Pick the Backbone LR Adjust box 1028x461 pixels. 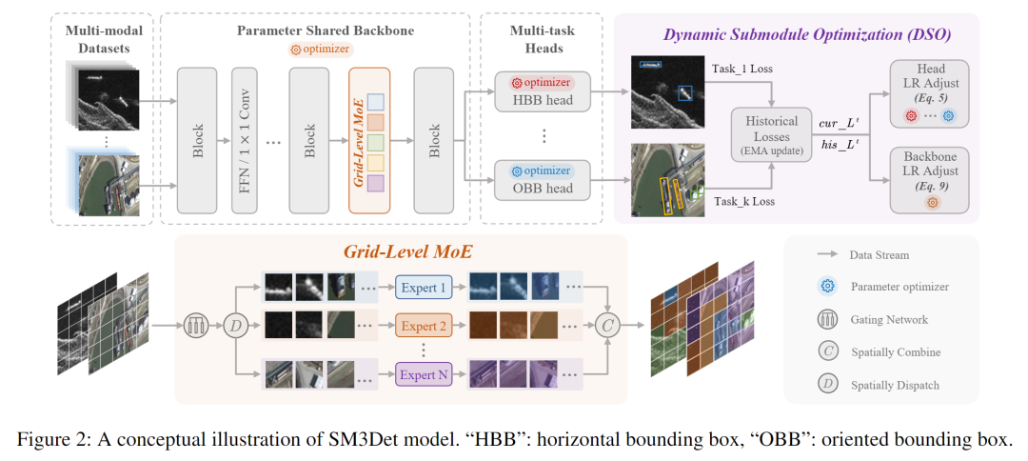(x=930, y=179)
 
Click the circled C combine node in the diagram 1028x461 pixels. (x=606, y=327)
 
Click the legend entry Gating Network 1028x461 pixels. (x=889, y=318)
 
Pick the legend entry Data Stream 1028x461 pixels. (x=880, y=255)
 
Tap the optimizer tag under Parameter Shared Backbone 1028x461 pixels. (x=320, y=49)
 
